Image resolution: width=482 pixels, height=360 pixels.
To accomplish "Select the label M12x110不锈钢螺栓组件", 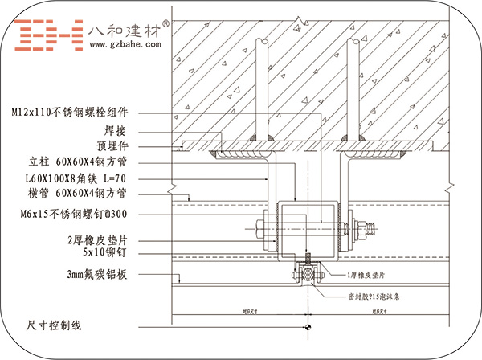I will click(x=76, y=112).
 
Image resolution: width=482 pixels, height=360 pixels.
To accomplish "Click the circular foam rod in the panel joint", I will click(x=307, y=274).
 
